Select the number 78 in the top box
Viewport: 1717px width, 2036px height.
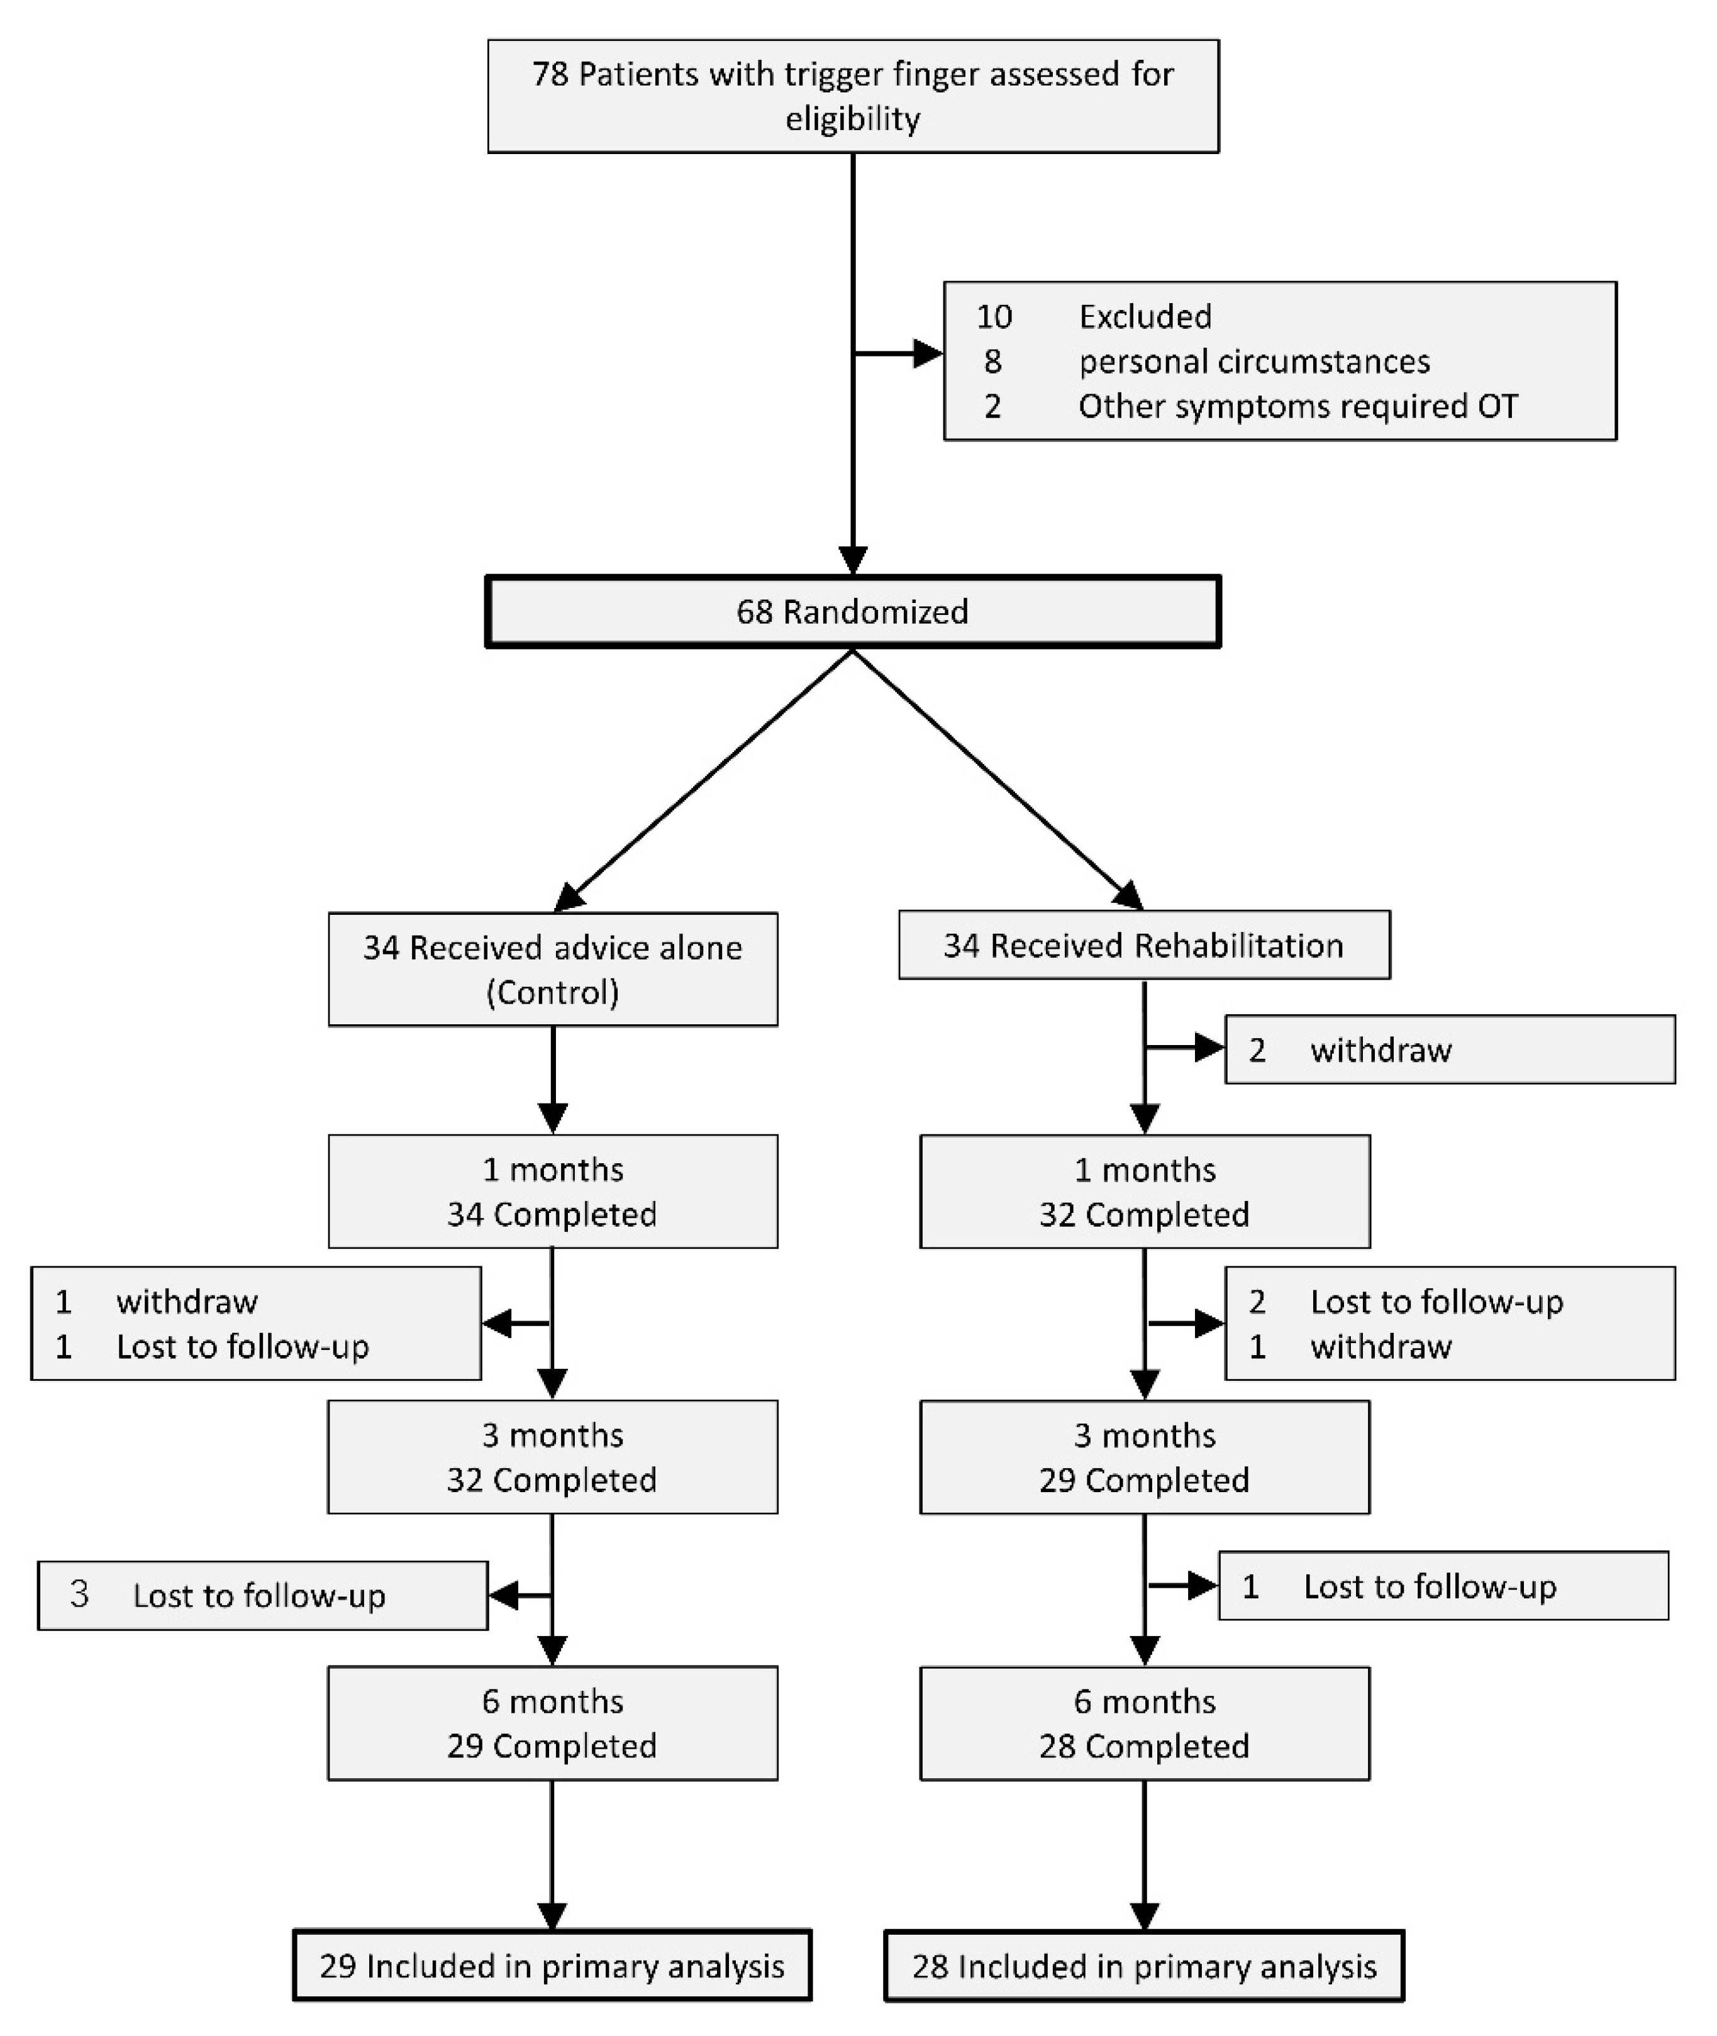coord(550,75)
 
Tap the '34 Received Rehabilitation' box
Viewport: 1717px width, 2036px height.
coord(1143,945)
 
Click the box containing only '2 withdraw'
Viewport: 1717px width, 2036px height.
coord(1449,1050)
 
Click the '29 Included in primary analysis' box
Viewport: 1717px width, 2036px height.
coord(552,1966)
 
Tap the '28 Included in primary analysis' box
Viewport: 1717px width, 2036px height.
coord(1143,1966)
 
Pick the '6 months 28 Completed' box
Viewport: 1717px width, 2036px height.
coord(1143,1723)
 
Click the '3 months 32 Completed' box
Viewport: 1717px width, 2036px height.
coord(552,1457)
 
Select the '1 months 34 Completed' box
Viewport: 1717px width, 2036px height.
coord(552,1192)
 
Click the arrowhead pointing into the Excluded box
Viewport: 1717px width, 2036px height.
coord(928,353)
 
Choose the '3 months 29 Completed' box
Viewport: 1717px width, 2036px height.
coord(1143,1457)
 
